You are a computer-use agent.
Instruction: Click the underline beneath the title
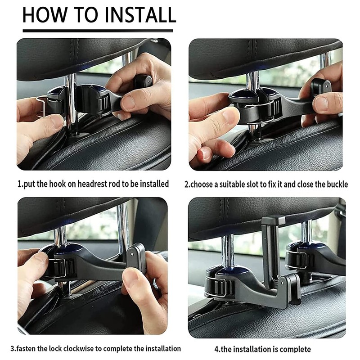98,31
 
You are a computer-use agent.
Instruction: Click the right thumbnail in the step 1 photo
129,102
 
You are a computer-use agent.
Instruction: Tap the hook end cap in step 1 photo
143,81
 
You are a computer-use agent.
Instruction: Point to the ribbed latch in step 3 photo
70,268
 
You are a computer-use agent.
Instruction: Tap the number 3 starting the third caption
13,349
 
